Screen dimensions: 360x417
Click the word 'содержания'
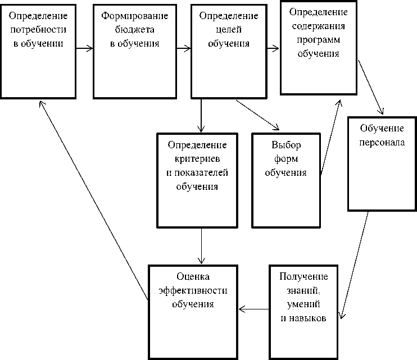tap(318, 26)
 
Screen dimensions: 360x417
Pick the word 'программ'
tap(318, 40)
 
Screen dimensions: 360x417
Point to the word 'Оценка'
tap(193, 277)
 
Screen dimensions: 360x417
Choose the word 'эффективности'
tap(193, 290)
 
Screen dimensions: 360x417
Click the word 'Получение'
tap(303, 277)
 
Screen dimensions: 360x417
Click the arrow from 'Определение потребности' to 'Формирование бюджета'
tap(84, 48)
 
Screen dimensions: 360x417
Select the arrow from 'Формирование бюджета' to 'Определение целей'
tap(183, 48)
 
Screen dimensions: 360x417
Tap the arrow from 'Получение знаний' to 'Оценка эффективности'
tap(254, 308)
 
